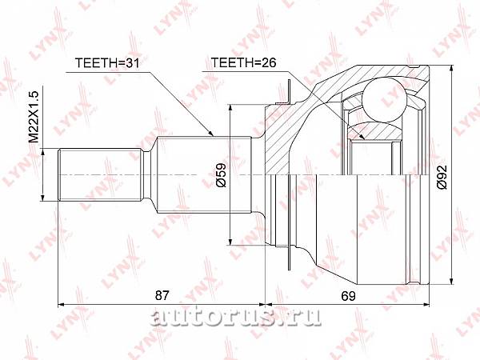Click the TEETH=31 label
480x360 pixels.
(x=107, y=62)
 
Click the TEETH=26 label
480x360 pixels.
(x=244, y=62)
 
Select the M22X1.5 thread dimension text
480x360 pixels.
(x=34, y=117)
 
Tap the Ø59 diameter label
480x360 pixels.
(x=221, y=174)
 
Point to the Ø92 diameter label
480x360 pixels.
(x=442, y=177)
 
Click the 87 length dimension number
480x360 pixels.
(x=162, y=296)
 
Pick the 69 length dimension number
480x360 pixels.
(x=348, y=296)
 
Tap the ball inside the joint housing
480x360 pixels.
(x=384, y=100)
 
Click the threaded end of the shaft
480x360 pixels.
(x=100, y=174)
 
